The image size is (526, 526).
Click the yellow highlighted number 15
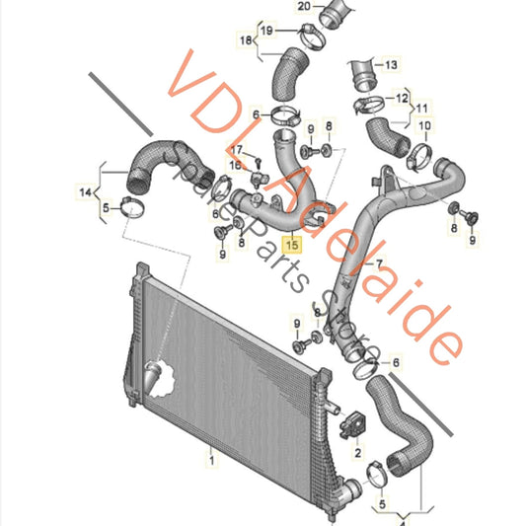tap(291, 240)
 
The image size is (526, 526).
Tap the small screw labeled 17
tap(254, 158)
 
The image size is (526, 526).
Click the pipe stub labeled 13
tap(360, 70)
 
